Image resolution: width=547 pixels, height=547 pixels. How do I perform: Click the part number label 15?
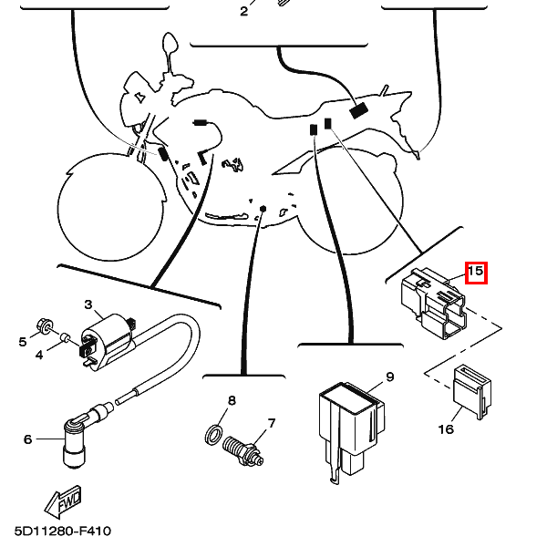[x=477, y=272]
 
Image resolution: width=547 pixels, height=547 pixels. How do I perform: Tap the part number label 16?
[x=446, y=428]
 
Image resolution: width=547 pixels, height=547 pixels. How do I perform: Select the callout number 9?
[x=389, y=377]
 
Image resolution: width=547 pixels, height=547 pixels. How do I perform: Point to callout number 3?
[x=88, y=304]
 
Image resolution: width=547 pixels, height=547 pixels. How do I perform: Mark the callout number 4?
[x=39, y=355]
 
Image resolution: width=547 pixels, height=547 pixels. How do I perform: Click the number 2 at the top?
[x=243, y=11]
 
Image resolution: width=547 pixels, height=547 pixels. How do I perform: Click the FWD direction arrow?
[x=64, y=499]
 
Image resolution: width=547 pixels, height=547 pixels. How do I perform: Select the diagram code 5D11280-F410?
[x=63, y=530]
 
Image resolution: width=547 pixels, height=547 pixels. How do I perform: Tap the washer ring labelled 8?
[x=213, y=432]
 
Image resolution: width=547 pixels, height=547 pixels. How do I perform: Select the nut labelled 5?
[x=43, y=325]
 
